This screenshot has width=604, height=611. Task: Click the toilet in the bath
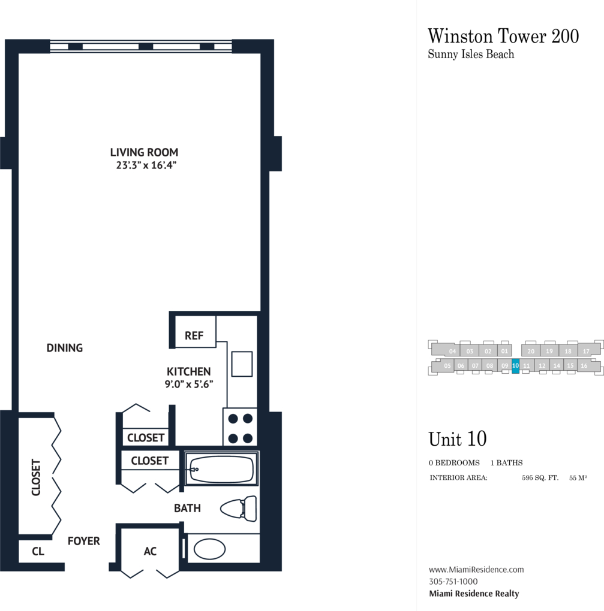pyautogui.click(x=239, y=509)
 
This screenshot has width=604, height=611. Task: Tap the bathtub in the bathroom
pyautogui.click(x=221, y=468)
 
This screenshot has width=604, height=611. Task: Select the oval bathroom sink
pyautogui.click(x=209, y=549)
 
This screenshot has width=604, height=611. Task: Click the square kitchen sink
pyautogui.click(x=242, y=364)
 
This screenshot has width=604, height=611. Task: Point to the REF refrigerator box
pyautogui.click(x=195, y=332)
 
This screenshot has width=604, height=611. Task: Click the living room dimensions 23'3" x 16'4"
pyautogui.click(x=146, y=165)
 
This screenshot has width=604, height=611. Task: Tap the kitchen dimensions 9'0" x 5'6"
pyautogui.click(x=189, y=384)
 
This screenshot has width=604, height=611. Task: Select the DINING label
pyautogui.click(x=65, y=347)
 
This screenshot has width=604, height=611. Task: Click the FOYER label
pyautogui.click(x=84, y=541)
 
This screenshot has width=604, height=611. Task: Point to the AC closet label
pyautogui.click(x=150, y=551)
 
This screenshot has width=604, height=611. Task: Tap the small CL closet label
pyautogui.click(x=38, y=551)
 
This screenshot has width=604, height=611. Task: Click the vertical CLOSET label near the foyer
pyautogui.click(x=36, y=477)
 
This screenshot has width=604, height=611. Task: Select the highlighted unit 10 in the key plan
pyautogui.click(x=515, y=366)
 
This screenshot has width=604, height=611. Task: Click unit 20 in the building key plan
pyautogui.click(x=531, y=351)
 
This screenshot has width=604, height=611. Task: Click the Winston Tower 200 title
pyautogui.click(x=503, y=36)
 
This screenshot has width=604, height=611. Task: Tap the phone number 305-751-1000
pyautogui.click(x=453, y=582)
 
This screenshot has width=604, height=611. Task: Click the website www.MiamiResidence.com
pyautogui.click(x=476, y=569)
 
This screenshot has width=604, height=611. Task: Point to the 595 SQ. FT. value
pyautogui.click(x=540, y=478)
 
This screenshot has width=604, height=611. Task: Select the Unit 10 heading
pyautogui.click(x=457, y=439)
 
